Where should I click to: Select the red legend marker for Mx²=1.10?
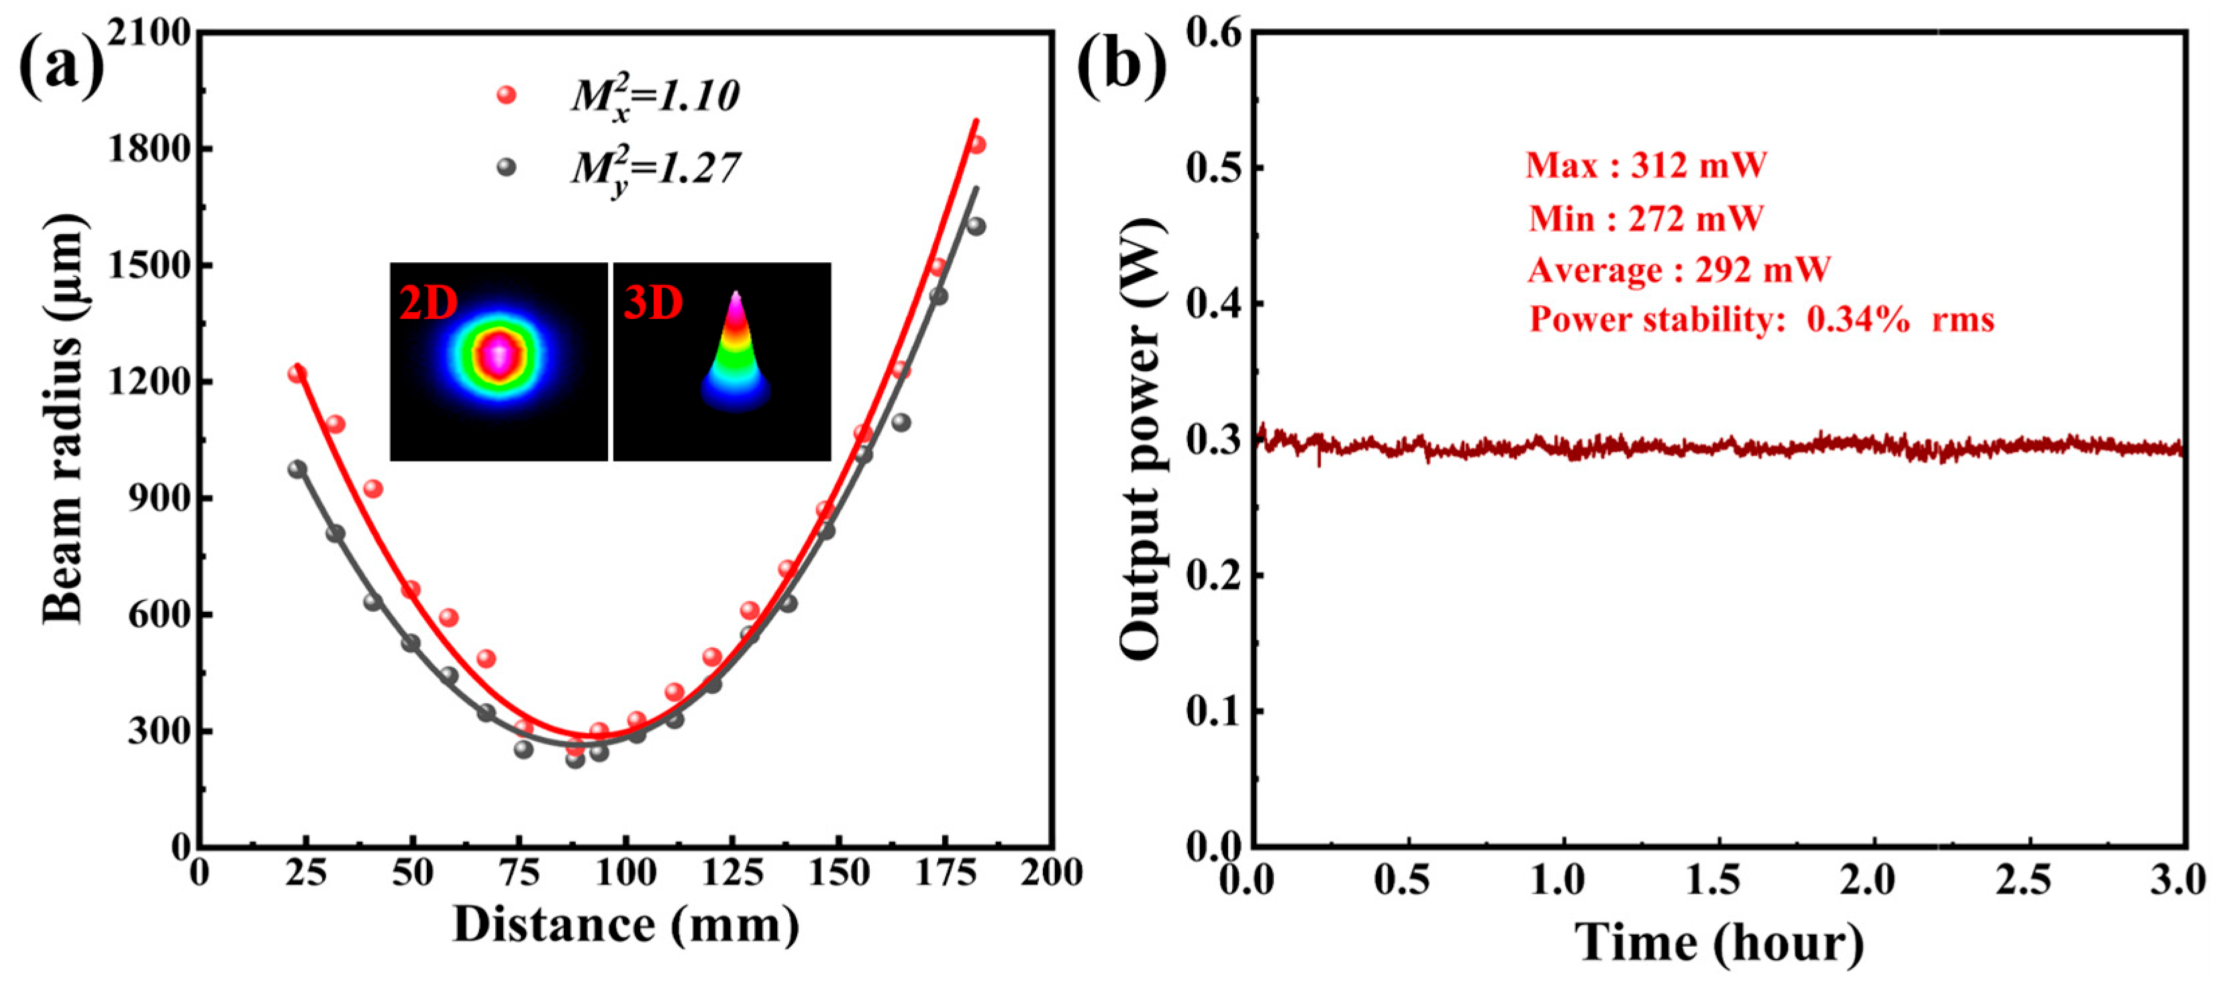507,95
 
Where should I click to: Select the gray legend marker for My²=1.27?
507,167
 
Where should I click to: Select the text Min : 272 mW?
1646,218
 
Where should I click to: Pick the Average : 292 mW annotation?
1679,270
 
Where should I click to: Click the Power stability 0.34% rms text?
1762,320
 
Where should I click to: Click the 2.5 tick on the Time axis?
2029,881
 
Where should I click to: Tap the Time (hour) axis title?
1719,942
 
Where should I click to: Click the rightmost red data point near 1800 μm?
976,145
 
